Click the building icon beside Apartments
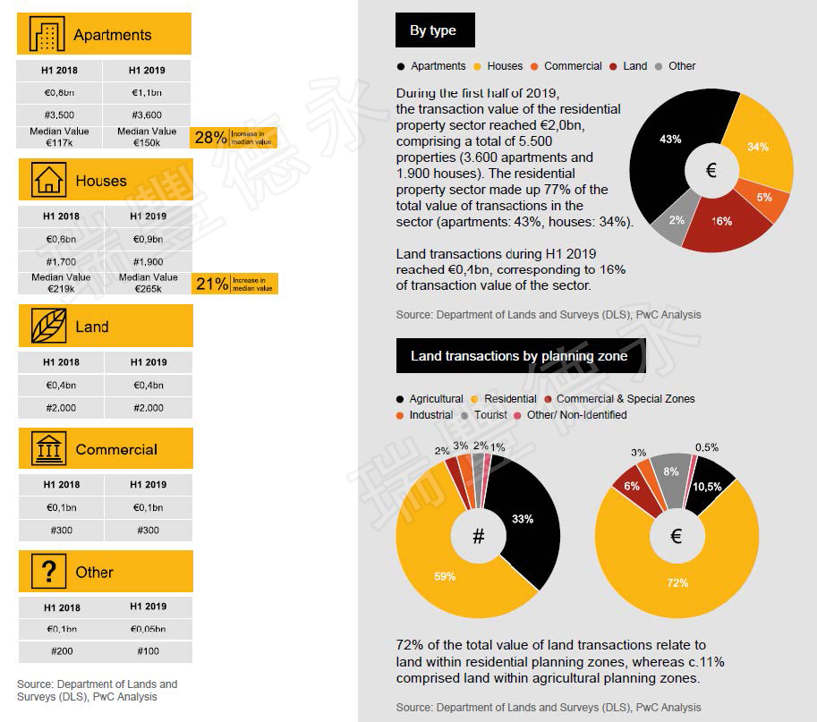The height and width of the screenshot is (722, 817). [47, 35]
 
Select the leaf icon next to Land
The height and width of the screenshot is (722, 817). [47, 327]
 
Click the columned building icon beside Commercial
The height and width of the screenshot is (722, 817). [47, 449]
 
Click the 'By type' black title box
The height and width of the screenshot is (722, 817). [434, 30]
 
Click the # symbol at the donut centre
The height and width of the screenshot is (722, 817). [478, 536]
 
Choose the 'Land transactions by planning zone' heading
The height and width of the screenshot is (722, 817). [519, 356]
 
